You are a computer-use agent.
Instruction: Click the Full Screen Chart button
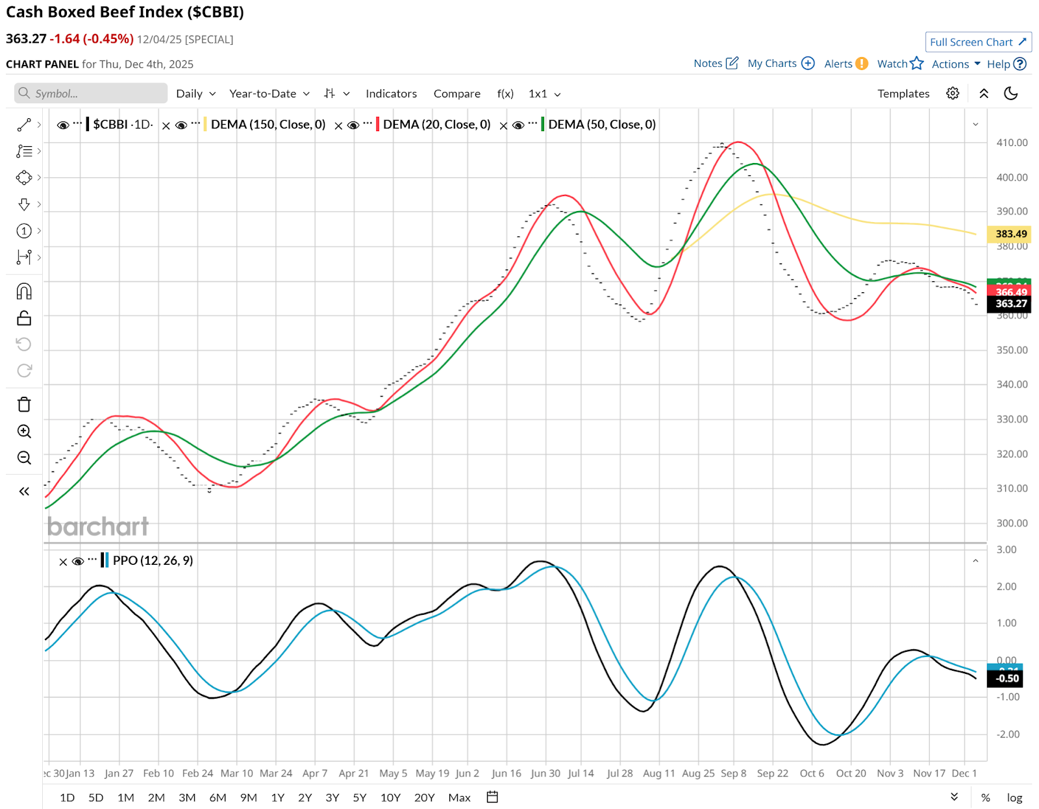pyautogui.click(x=977, y=42)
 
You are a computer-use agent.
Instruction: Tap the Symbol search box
pyautogui.click(x=91, y=93)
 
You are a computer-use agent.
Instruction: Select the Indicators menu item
pyautogui.click(x=391, y=93)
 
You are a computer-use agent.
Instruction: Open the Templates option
pyautogui.click(x=903, y=93)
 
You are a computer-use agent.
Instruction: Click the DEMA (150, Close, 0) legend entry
pyautogui.click(x=268, y=124)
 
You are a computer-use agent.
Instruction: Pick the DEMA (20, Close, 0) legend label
pyautogui.click(x=436, y=124)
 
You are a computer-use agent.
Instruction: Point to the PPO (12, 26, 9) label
pyautogui.click(x=153, y=560)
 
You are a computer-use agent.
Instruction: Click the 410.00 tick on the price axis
pyautogui.click(x=1012, y=143)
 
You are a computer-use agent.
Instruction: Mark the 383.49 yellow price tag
pyautogui.click(x=1010, y=234)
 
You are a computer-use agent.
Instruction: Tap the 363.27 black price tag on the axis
pyautogui.click(x=1010, y=303)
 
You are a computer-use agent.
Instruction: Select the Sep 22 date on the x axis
pyautogui.click(x=772, y=773)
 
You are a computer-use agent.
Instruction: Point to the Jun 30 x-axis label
pyautogui.click(x=545, y=773)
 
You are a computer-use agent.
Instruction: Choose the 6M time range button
pyautogui.click(x=218, y=797)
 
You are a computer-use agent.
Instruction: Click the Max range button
pyautogui.click(x=459, y=797)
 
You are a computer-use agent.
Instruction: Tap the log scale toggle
pyautogui.click(x=1014, y=797)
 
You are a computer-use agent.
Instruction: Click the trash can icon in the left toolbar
pyautogui.click(x=24, y=404)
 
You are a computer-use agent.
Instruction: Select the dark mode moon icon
pyautogui.click(x=1010, y=93)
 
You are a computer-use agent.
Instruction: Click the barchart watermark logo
pyautogui.click(x=98, y=527)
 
